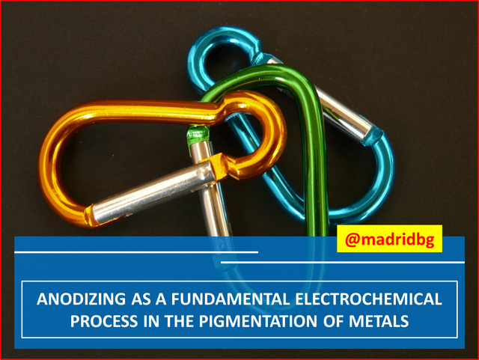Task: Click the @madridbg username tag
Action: point(389,239)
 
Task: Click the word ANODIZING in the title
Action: point(81,299)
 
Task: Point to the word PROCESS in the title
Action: point(104,322)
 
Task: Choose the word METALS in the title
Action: point(379,322)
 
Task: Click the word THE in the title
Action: point(180,322)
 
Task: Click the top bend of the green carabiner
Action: point(284,74)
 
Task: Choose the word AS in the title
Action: point(141,299)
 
